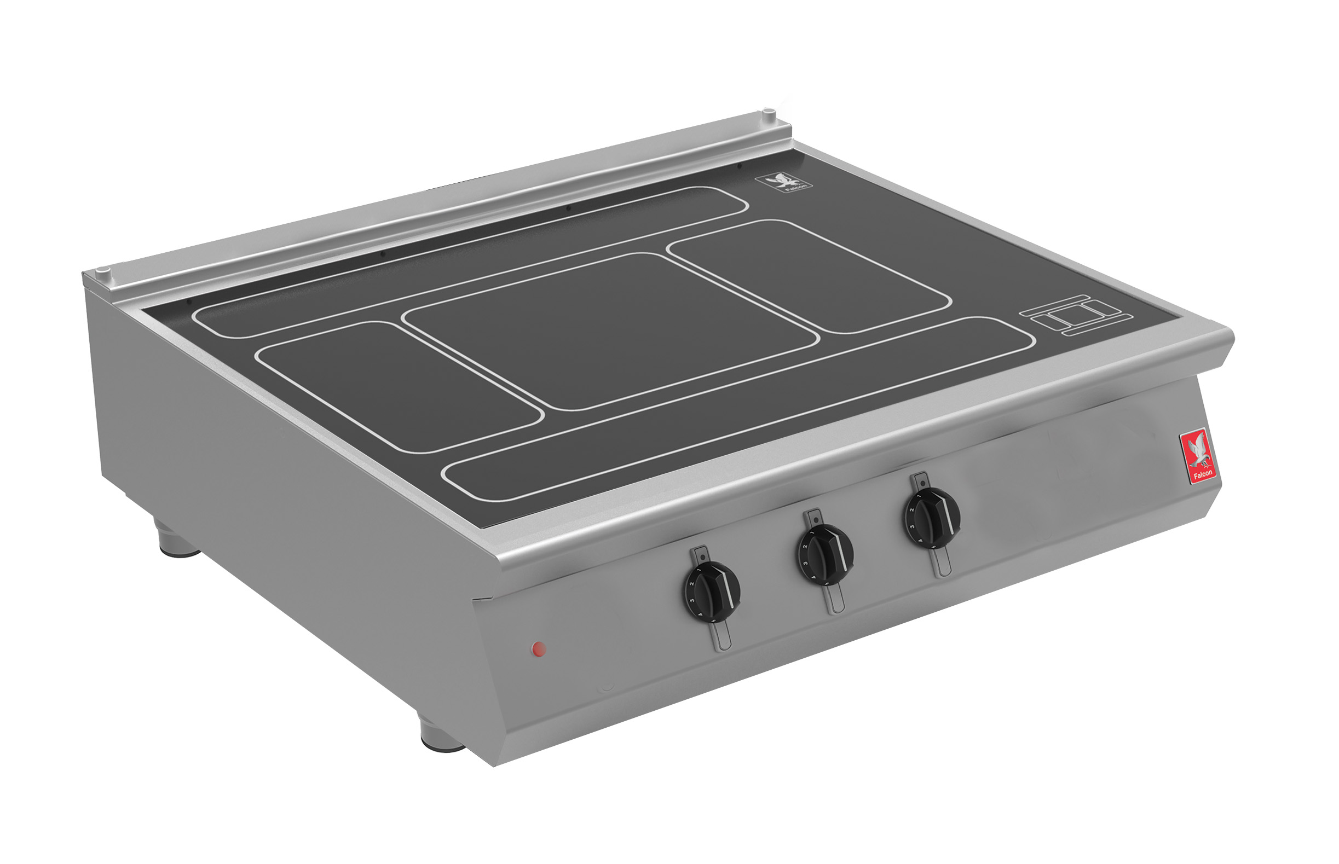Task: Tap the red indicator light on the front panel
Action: click(539, 649)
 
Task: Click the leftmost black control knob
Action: click(712, 592)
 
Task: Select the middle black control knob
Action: click(825, 554)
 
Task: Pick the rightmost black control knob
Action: click(932, 517)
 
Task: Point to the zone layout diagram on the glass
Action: click(1076, 315)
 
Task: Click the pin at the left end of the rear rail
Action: click(102, 271)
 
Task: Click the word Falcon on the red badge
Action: click(1203, 474)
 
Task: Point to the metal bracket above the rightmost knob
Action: click(920, 480)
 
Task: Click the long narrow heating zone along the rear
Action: click(470, 263)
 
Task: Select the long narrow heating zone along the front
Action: click(738, 408)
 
